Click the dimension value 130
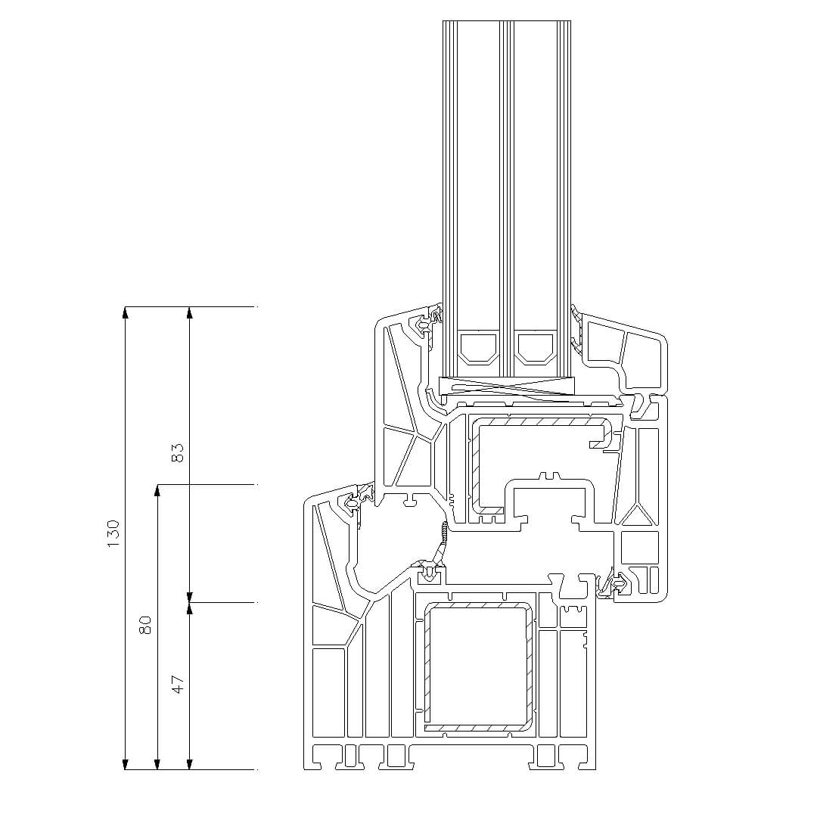[113, 533]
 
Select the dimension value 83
[178, 453]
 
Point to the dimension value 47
[179, 684]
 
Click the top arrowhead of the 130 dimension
[125, 312]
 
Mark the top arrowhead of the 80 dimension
[157, 489]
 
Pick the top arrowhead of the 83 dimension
[190, 312]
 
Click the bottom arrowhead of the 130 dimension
[125, 764]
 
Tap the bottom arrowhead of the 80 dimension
[157, 764]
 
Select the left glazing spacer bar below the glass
[477, 346]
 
